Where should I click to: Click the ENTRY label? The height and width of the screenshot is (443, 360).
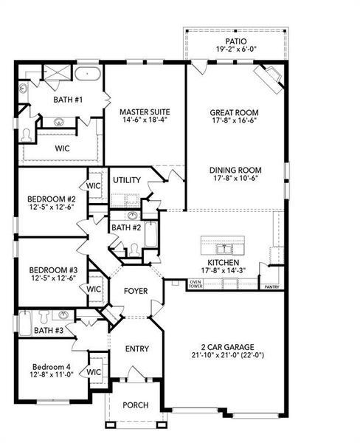tap(136, 349)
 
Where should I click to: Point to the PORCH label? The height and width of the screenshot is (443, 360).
tap(136, 405)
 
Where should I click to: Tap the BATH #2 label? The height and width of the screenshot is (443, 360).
tap(125, 227)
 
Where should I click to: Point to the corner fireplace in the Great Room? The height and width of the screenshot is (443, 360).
tap(267, 77)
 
